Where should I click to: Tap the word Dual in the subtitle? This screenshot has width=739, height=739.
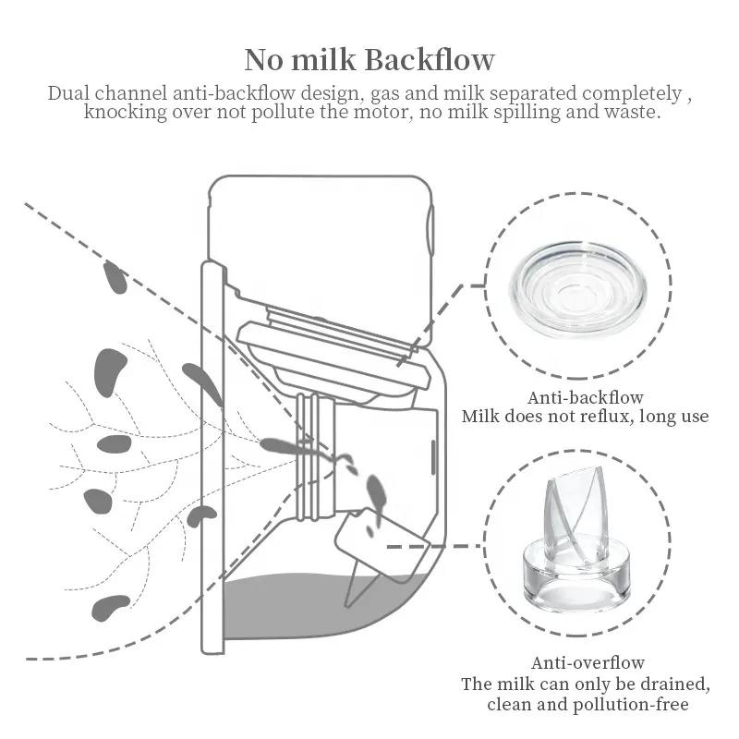point(70,94)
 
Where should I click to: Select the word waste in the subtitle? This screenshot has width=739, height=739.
point(629,113)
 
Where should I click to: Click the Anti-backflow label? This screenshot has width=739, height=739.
point(586,398)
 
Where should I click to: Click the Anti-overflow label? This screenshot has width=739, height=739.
point(588,663)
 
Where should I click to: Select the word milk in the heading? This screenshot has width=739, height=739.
point(327,60)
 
